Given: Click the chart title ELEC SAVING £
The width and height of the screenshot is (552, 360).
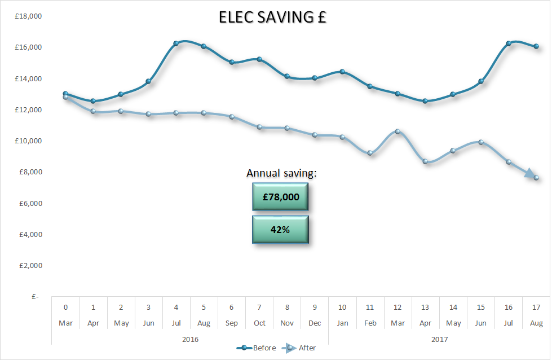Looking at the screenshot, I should tap(273, 18).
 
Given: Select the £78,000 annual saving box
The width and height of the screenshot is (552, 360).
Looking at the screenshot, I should tap(280, 197).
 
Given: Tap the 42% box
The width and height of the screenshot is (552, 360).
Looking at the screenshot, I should tap(280, 230).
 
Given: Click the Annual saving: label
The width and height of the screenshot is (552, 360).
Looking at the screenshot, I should tap(281, 173).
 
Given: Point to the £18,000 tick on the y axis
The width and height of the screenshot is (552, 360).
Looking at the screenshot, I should tap(28, 16).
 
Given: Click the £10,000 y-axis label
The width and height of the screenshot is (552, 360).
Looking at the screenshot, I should tap(28, 141).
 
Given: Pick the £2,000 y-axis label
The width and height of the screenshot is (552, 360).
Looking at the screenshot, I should tap(30, 266).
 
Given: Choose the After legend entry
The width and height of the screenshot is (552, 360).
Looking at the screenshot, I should tap(307, 348).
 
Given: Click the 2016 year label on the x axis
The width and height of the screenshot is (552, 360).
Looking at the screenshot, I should tap(190, 339).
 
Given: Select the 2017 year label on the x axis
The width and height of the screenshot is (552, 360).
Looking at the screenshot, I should tap(439, 339).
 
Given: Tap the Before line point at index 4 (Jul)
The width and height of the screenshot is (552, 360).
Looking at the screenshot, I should tap(176, 43).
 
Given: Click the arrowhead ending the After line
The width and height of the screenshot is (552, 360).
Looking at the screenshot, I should tap(532, 175).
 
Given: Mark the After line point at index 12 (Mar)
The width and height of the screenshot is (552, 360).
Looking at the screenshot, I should tap(398, 131).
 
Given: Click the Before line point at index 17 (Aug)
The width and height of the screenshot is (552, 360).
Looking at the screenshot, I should tap(536, 46).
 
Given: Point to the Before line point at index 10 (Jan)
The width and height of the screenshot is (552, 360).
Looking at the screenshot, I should tap(342, 72).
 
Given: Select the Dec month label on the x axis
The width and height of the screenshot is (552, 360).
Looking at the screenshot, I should tap(315, 323).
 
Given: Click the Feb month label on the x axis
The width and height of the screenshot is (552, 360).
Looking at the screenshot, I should tap(370, 323).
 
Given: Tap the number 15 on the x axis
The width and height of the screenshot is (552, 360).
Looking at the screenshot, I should tap(481, 308).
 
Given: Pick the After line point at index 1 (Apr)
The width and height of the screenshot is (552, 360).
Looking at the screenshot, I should tap(93, 112).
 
